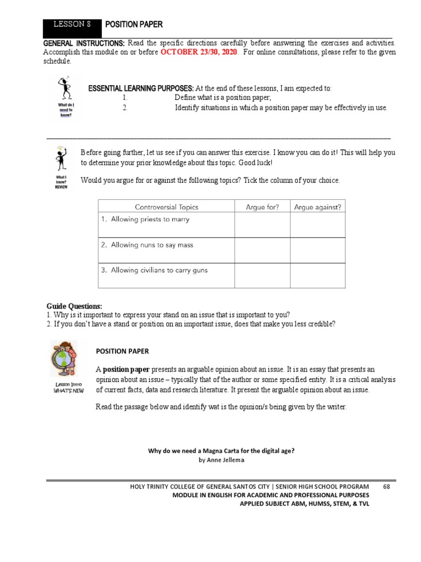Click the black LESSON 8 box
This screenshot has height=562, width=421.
(x=72, y=25)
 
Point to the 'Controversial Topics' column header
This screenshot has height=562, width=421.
(x=167, y=207)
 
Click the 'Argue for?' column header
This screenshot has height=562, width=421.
(x=262, y=207)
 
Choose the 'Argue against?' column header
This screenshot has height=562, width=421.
(x=317, y=207)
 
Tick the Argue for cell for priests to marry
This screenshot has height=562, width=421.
(x=262, y=224)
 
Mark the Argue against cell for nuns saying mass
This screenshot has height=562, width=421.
(x=317, y=250)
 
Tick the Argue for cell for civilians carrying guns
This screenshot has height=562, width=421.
(x=262, y=276)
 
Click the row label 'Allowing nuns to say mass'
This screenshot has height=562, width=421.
(x=147, y=245)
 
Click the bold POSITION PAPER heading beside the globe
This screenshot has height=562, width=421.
(x=122, y=351)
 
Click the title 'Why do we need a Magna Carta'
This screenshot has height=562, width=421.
(x=221, y=451)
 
